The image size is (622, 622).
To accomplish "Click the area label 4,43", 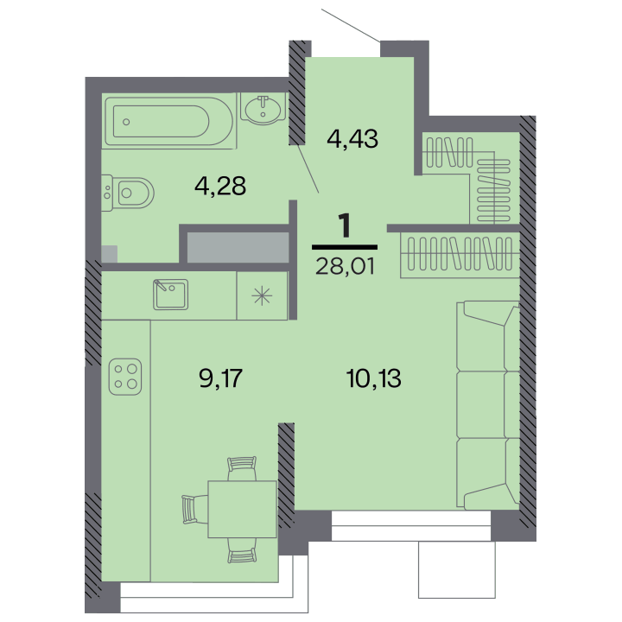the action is pyautogui.click(x=352, y=139).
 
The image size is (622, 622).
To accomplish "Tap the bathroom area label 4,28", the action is pyautogui.click(x=220, y=186).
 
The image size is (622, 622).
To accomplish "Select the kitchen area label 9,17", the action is pyautogui.click(x=220, y=378).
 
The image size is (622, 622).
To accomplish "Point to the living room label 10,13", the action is pyautogui.click(x=373, y=378).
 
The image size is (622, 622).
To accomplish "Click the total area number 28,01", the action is pyautogui.click(x=345, y=266).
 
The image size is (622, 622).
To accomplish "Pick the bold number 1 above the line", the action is pyautogui.click(x=345, y=225).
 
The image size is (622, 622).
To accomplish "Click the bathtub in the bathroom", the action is pyautogui.click(x=169, y=122).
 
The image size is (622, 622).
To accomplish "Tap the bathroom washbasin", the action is pyautogui.click(x=263, y=107).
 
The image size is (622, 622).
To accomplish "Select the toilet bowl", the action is pyautogui.click(x=128, y=194).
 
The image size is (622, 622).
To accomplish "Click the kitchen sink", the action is pyautogui.click(x=170, y=295).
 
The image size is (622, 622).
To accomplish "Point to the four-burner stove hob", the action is pyautogui.click(x=125, y=377).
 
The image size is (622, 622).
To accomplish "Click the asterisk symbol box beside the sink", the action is pyautogui.click(x=262, y=295).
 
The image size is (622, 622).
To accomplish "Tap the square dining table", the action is pyautogui.click(x=242, y=509).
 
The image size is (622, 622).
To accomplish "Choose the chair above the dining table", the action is pyautogui.click(x=242, y=468).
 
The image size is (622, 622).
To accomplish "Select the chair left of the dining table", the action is pyautogui.click(x=195, y=509).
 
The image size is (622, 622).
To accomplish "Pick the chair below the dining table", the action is pyautogui.click(x=242, y=550).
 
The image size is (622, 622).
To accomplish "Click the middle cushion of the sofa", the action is pyautogui.click(x=488, y=404).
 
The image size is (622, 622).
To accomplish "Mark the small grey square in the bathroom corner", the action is pyautogui.click(x=110, y=254).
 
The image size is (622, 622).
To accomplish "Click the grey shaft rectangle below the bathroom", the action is pyautogui.click(x=238, y=247).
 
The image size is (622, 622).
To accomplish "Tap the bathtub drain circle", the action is pyautogui.click(x=126, y=122).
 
